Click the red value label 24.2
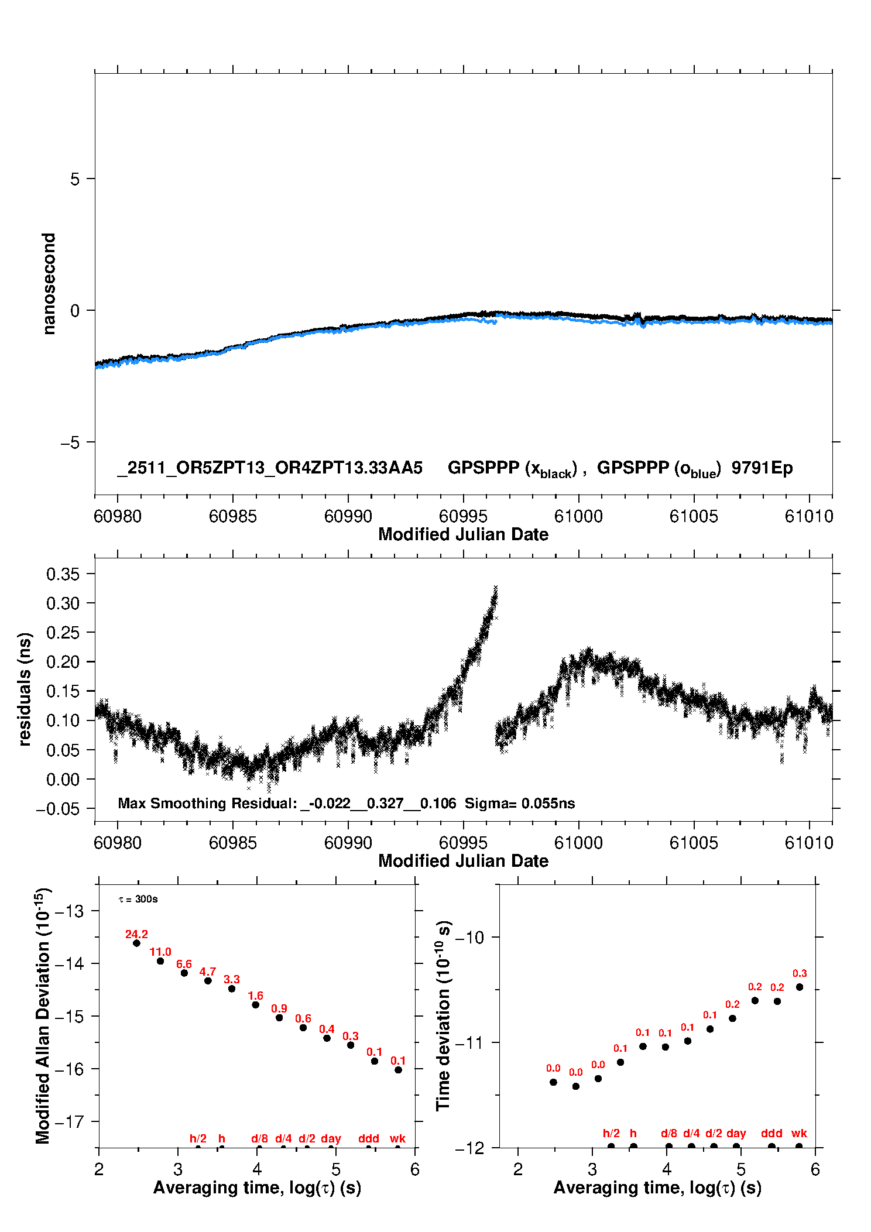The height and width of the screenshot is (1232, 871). pyautogui.click(x=136, y=934)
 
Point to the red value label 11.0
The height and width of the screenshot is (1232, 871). pyautogui.click(x=160, y=952)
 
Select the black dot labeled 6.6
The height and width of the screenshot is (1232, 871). pyautogui.click(x=184, y=973)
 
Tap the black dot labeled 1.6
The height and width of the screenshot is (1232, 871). pyautogui.click(x=256, y=1005)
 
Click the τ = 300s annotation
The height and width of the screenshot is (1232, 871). pyautogui.click(x=138, y=899)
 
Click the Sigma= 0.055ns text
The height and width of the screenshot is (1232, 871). pyautogui.click(x=520, y=804)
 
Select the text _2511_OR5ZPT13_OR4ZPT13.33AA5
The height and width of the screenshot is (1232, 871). pyautogui.click(x=270, y=468)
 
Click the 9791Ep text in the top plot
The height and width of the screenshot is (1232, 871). pyautogui.click(x=762, y=468)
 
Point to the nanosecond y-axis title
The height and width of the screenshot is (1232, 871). pyautogui.click(x=49, y=283)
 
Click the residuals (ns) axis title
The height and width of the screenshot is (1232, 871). pyautogui.click(x=25, y=689)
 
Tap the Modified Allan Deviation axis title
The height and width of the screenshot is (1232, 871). pyautogui.click(x=43, y=1016)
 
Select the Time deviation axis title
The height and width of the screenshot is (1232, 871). pyautogui.click(x=443, y=1015)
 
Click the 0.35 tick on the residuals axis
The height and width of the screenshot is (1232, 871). pyautogui.click(x=63, y=574)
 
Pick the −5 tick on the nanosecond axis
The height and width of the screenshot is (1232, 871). pyautogui.click(x=70, y=442)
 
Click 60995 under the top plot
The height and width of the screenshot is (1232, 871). pyautogui.click(x=463, y=516)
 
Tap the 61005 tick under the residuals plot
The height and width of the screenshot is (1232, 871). pyautogui.click(x=694, y=843)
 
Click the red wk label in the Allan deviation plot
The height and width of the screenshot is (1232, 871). pyautogui.click(x=397, y=1138)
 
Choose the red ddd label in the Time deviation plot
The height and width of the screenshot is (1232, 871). pyautogui.click(x=771, y=1133)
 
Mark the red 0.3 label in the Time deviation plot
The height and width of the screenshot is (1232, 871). pyautogui.click(x=800, y=973)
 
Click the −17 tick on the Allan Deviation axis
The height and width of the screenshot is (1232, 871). pyautogui.click(x=69, y=1122)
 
